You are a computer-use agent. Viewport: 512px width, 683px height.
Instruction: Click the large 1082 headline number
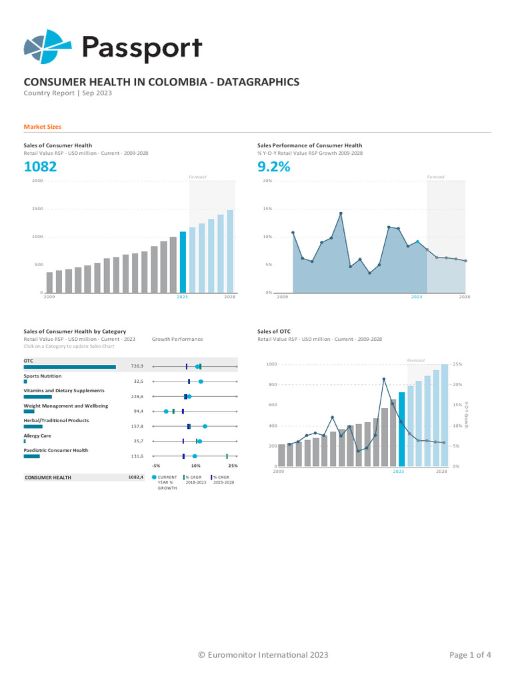coord(40,167)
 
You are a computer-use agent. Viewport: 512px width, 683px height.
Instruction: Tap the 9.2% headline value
coord(273,167)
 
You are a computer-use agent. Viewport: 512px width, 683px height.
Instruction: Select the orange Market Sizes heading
coord(43,127)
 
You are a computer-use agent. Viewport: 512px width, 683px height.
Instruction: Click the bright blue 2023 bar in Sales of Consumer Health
coord(183,262)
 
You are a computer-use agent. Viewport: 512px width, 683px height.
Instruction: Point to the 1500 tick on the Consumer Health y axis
coord(37,209)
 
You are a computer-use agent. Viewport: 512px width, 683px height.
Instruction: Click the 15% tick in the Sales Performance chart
coord(267,209)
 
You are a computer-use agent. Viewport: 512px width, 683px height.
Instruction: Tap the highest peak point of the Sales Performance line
coord(341,213)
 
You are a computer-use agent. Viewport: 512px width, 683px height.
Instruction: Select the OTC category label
coord(28,361)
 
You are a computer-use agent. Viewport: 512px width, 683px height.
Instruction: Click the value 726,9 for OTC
coord(137,367)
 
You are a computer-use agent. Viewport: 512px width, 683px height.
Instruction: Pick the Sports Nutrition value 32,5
coord(138,382)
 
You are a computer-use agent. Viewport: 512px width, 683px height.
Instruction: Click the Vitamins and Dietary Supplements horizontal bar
coord(37,397)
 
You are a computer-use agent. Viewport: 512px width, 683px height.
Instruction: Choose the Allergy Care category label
coord(37,436)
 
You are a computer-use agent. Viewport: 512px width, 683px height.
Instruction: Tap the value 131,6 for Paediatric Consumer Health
coord(137,456)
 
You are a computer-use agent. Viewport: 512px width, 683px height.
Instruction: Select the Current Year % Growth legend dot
coord(155,478)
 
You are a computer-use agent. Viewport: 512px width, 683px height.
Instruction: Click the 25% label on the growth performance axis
coord(233,466)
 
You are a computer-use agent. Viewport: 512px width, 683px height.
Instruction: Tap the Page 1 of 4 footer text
coord(470,655)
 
